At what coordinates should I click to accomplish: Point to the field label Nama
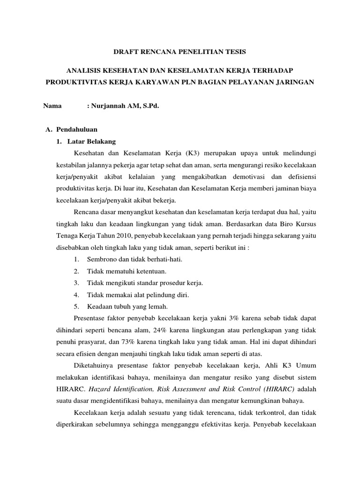pyautogui.click(x=52, y=106)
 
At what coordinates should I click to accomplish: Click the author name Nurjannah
pyautogui.click(x=107, y=106)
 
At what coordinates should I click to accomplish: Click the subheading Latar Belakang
pyautogui.click(x=91, y=141)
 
